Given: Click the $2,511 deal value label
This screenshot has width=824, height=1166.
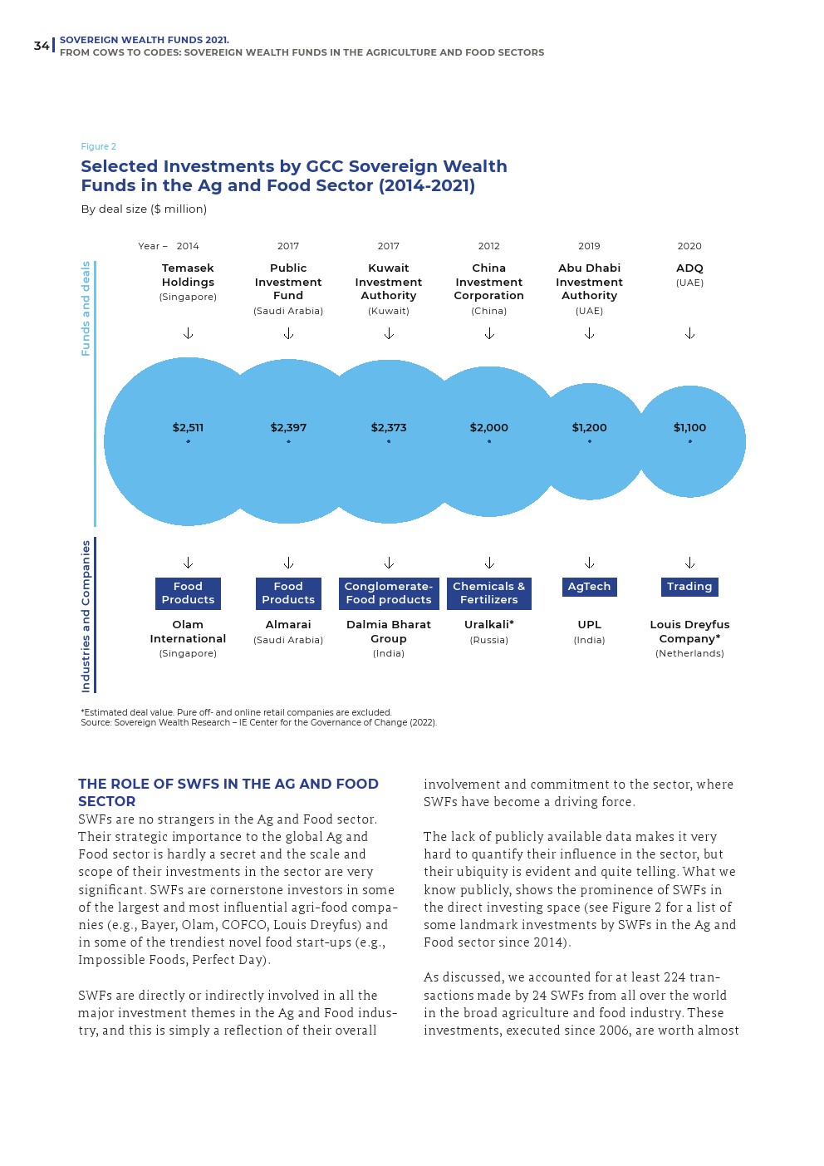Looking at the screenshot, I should point(188,427).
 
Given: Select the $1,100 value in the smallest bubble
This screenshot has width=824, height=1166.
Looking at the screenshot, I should point(689,427).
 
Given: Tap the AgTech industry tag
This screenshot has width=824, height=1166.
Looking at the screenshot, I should point(589,587).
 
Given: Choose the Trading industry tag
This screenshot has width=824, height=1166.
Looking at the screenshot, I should point(689,587).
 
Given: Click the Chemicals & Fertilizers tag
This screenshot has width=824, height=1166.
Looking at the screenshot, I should point(488,593).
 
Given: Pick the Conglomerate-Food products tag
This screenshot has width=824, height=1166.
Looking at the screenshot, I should point(389,593).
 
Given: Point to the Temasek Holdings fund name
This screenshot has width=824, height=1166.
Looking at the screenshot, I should point(188,275).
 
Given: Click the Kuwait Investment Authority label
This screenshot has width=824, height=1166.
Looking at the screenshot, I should point(389,282).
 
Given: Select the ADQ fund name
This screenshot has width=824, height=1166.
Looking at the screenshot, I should point(689,268).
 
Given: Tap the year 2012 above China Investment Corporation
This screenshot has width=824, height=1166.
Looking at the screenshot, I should point(488,246).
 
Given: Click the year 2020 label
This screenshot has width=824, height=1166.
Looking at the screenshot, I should point(689,246).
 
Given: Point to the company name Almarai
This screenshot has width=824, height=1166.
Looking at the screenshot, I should point(288,624).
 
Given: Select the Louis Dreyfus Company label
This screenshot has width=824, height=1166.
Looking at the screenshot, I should point(689,632).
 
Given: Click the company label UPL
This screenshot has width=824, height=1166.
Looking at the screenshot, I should point(589,624).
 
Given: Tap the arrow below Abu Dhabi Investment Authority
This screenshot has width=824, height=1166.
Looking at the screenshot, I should point(589,333).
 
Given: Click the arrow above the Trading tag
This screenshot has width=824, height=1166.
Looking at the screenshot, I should point(689,563).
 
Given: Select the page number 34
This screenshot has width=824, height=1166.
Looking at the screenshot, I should point(42,46).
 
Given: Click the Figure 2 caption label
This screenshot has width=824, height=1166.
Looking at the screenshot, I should point(98,146).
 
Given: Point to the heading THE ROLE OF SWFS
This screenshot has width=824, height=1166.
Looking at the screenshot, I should point(228,792).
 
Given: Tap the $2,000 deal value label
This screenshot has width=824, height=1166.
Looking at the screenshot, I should point(488,427).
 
